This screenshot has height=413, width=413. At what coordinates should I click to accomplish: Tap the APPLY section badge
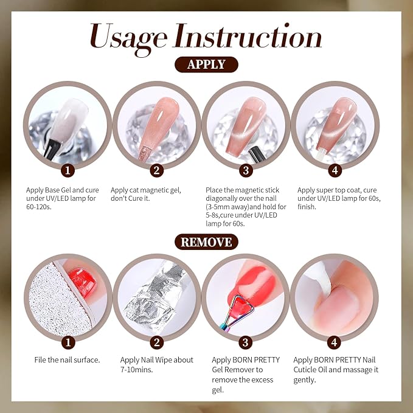click(206, 64)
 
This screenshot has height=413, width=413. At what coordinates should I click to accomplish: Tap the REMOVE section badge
click(206, 242)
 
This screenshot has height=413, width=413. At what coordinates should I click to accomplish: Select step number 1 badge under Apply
click(69, 170)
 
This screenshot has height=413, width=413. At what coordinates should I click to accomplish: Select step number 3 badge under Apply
click(245, 170)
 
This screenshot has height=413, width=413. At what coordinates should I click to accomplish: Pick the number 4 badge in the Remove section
click(334, 342)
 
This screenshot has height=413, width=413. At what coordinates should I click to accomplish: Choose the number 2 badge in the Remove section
click(157, 342)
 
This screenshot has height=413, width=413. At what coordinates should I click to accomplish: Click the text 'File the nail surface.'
click(67, 360)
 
